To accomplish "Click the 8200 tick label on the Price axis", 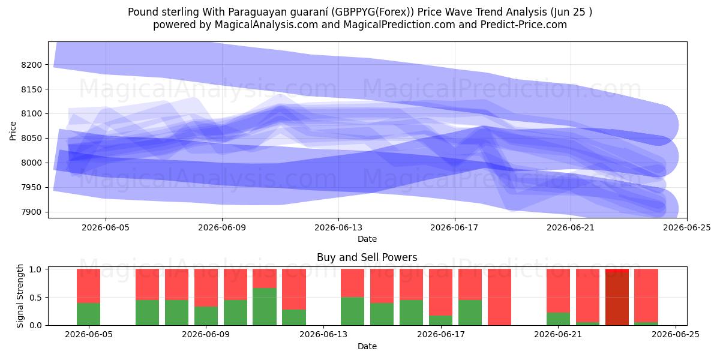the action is click(31, 65).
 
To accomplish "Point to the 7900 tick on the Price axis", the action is click(31, 212).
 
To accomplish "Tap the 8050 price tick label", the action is click(31, 139).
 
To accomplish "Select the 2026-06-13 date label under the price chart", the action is click(338, 227).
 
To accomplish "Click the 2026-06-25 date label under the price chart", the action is click(687, 227).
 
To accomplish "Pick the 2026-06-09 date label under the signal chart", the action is click(206, 335).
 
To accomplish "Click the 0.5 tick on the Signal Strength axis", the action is click(35, 298).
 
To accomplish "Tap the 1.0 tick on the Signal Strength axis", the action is click(35, 269).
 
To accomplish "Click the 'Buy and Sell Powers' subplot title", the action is click(367, 257).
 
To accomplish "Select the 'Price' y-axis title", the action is click(13, 131).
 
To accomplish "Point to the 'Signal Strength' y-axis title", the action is click(20, 296).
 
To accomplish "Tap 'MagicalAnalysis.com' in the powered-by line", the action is click(266, 25).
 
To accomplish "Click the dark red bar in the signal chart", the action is click(617, 299).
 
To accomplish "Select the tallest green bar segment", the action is click(265, 307).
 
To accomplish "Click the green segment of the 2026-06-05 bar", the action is click(88, 314).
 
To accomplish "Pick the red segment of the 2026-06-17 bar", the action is click(440, 292).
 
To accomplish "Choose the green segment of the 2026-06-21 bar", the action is click(559, 319).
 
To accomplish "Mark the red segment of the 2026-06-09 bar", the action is click(206, 287).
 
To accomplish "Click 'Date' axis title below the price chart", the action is click(367, 239).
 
